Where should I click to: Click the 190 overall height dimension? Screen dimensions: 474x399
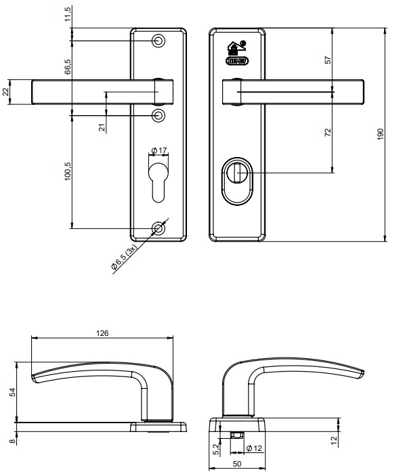380,134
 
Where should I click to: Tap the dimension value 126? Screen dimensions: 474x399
103,332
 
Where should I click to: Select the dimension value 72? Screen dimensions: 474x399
329,131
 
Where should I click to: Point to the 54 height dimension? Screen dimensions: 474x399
12,393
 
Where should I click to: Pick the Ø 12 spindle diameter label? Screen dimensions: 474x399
254,448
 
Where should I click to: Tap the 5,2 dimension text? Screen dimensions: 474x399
215,448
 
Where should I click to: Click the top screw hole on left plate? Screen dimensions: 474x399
159,41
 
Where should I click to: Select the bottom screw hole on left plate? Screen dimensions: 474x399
159,228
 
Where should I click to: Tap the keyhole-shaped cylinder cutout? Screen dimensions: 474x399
159,179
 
